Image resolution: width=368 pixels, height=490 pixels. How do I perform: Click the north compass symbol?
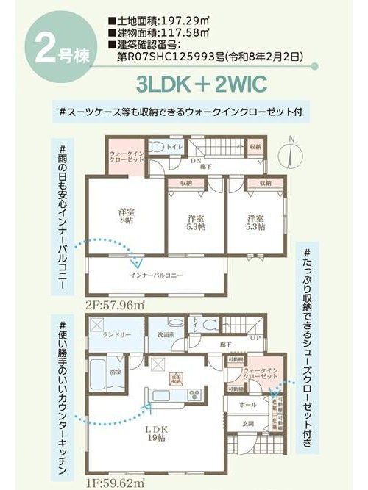point(292,154)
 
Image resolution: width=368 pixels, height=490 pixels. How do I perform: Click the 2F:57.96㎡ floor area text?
point(115,304)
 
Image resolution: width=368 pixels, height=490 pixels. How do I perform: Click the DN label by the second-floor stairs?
point(195,160)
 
